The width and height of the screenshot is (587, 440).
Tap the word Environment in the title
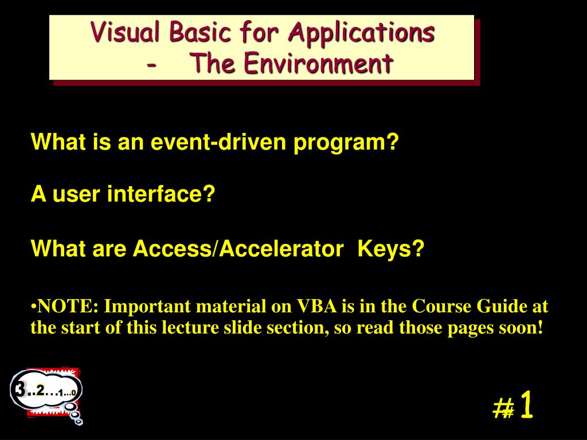coord(318,63)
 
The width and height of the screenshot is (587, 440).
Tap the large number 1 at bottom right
coord(527,406)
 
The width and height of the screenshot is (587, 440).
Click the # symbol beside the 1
coord(503,408)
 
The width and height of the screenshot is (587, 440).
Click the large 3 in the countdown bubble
coord(21,390)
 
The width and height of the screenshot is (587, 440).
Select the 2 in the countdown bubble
coord(40,390)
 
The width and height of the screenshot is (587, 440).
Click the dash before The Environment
coord(151,64)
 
